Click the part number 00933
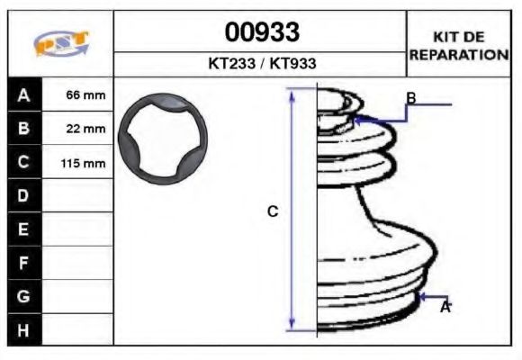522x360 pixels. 262,33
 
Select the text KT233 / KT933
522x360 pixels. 262,65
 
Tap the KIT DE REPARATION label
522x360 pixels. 459,45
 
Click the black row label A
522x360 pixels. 24,94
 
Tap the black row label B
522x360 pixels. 24,129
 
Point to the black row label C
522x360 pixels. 24,162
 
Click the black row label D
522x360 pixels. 24,195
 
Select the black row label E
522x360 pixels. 24,229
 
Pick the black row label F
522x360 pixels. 24,263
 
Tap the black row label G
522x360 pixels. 24,296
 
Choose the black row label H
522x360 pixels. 24,330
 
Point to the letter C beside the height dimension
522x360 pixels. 273,211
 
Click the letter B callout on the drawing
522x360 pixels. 410,98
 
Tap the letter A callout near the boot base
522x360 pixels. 445,307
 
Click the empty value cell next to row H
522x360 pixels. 78,330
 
